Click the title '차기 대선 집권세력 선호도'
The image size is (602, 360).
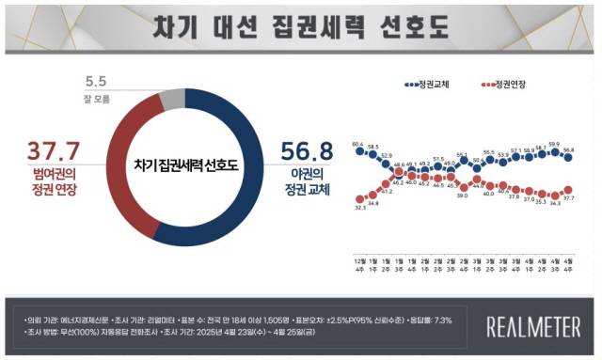(x=301, y=25)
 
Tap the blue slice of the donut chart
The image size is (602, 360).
(x=246, y=188)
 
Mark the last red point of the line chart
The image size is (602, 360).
(x=569, y=190)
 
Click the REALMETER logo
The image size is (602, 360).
(x=532, y=326)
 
